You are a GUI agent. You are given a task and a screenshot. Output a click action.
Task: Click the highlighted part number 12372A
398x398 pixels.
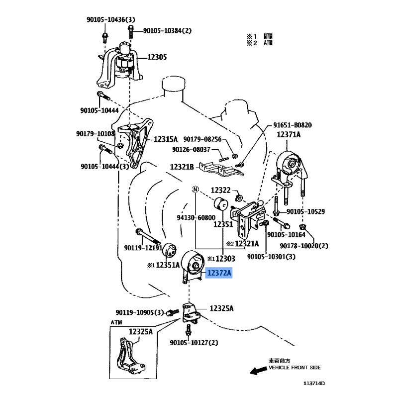[219, 273]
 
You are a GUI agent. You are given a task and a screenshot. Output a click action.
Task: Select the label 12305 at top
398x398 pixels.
[156, 58]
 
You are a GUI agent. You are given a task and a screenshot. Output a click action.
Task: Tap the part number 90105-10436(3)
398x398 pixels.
[110, 19]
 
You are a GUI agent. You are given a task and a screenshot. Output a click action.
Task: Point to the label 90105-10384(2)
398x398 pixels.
[167, 31]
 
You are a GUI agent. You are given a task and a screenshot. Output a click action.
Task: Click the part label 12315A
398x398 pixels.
[165, 140]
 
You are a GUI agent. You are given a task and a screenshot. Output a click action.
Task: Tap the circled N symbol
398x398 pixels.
[196, 190]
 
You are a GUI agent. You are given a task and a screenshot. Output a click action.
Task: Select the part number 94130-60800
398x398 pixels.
[196, 217]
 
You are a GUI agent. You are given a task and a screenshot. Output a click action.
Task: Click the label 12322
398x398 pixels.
[221, 190]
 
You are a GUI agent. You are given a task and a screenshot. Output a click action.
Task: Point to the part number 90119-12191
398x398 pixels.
[143, 247]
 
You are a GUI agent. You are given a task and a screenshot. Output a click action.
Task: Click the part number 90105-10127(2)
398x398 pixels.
[194, 343]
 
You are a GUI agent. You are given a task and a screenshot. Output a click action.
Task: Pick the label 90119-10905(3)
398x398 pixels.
[140, 312]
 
